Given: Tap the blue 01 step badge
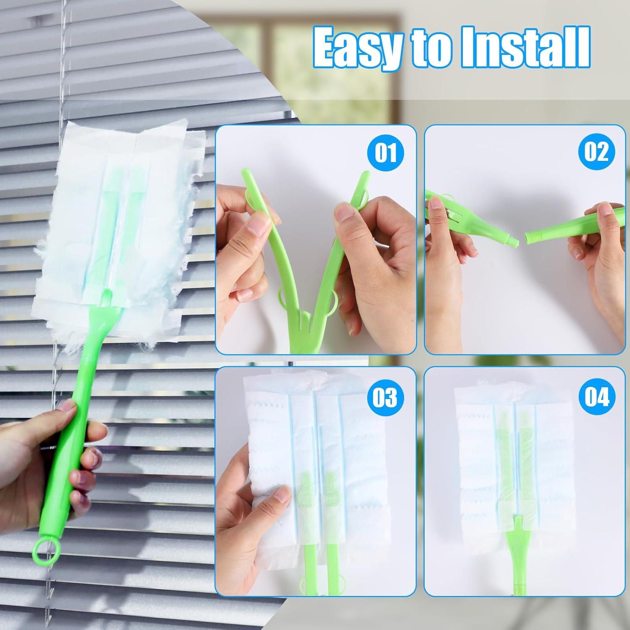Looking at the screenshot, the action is coord(385,152).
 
